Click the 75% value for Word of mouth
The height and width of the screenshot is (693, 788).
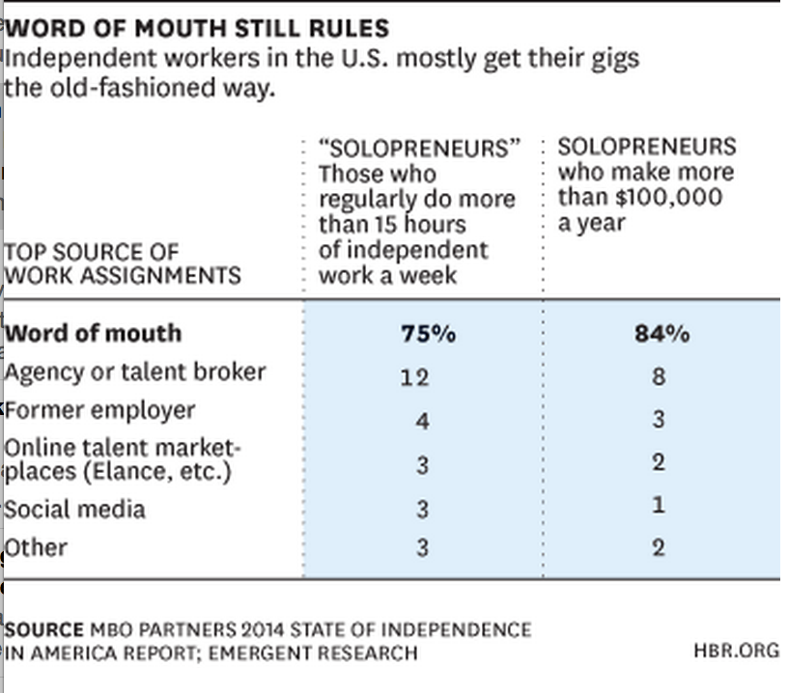coord(427,335)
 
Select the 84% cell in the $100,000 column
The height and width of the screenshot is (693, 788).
coord(662,335)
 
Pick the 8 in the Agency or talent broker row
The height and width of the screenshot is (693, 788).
coord(658,375)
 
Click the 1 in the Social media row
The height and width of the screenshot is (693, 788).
coord(658,505)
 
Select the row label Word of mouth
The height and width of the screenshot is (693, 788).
coord(94,334)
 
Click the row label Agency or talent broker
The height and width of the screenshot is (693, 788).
coord(135,373)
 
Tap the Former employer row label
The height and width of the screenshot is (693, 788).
coord(100,410)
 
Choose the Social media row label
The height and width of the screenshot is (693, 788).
coord(75,509)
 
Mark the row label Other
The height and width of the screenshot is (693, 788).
coord(37,548)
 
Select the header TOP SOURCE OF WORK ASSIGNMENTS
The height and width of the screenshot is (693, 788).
coord(122,263)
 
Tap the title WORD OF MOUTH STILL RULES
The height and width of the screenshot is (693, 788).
coord(197,28)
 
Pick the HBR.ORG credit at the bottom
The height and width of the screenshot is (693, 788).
coord(736,651)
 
